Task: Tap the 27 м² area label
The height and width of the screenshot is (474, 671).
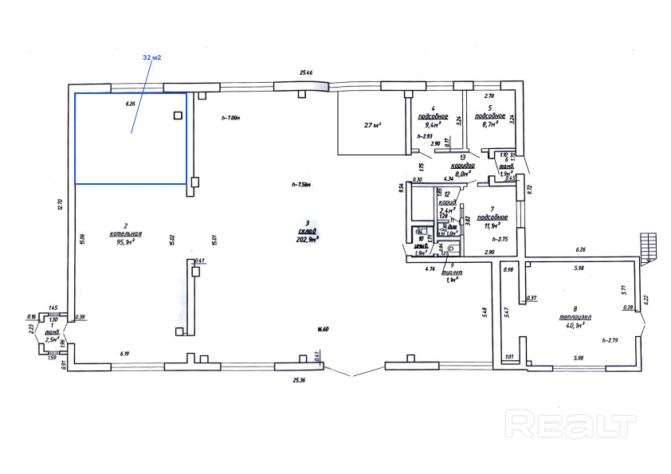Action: [x=373, y=125]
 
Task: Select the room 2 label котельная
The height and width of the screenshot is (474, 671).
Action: [x=126, y=233]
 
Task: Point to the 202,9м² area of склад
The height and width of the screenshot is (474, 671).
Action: [x=307, y=238]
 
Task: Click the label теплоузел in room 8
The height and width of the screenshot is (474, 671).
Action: [x=574, y=316]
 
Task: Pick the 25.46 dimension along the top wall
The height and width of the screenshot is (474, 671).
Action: [x=306, y=73]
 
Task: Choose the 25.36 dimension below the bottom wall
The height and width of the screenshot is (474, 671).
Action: [x=299, y=380]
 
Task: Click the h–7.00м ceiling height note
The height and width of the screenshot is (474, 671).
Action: [x=230, y=118]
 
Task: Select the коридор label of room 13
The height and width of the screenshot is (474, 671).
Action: [x=463, y=164]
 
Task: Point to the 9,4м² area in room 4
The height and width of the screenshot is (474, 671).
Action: [x=434, y=124]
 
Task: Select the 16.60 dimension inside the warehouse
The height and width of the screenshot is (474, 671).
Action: [x=323, y=328]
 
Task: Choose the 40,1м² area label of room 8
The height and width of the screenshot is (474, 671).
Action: [x=574, y=325]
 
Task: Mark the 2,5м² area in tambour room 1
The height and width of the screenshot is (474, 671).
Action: [x=54, y=339]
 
